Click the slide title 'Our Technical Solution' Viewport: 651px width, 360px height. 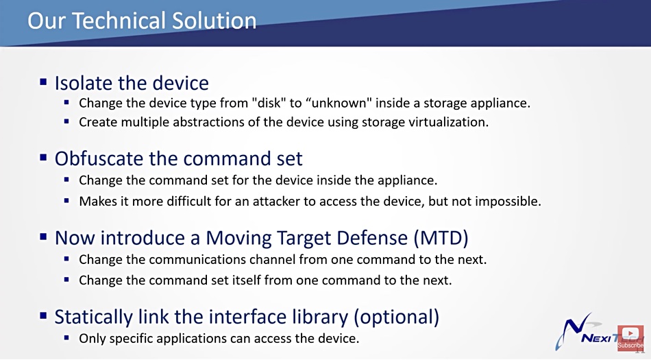click(x=142, y=21)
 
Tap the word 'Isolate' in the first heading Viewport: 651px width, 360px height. click(x=83, y=83)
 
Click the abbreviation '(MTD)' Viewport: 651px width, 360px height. click(x=441, y=237)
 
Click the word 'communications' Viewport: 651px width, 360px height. click(x=198, y=259)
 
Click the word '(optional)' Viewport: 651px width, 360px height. click(x=396, y=317)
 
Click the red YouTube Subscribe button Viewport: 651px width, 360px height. click(x=630, y=337)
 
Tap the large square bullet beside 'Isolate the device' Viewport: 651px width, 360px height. click(x=43, y=82)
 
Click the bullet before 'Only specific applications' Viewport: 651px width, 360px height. click(x=66, y=338)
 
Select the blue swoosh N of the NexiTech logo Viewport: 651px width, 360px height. click(x=575, y=330)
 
